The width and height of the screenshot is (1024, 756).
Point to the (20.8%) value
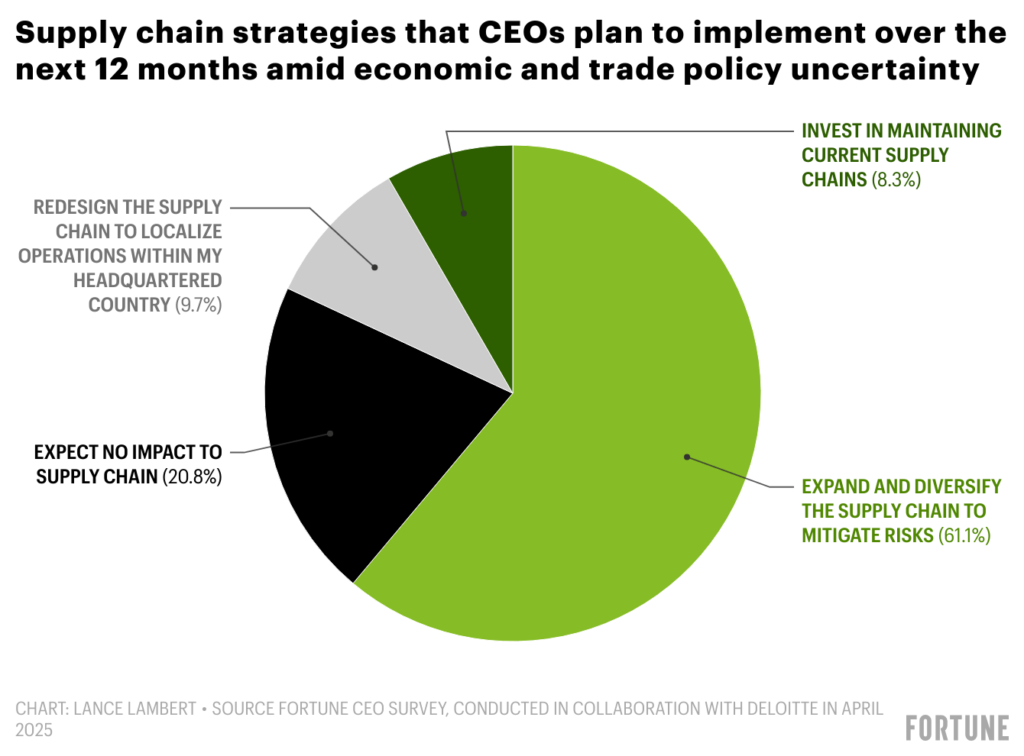click(192, 477)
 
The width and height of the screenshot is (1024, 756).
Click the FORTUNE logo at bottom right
click(957, 728)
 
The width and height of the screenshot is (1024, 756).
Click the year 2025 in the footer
click(34, 730)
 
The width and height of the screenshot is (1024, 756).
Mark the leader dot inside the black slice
click(330, 433)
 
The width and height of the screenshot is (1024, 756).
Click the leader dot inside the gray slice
click(374, 267)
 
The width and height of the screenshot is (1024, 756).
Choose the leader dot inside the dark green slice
click(464, 214)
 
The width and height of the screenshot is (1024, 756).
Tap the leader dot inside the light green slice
click(686, 457)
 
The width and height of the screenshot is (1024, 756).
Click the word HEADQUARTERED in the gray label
click(147, 280)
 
